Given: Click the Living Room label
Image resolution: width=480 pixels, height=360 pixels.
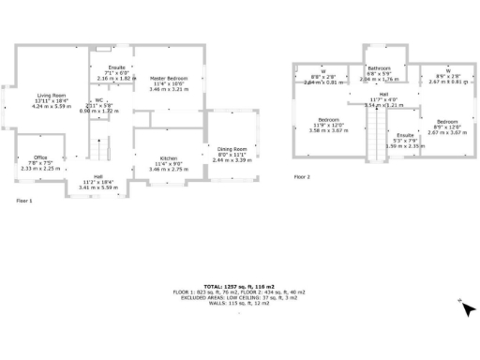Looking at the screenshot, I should [x=52, y=96].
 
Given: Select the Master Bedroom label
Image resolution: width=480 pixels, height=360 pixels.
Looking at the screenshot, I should [x=169, y=79].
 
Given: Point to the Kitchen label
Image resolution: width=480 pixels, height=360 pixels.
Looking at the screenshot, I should [x=169, y=158].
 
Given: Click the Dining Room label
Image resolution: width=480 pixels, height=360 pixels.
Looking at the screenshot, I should [x=232, y=149].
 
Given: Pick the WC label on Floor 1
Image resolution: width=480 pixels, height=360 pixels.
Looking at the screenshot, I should [x=98, y=100].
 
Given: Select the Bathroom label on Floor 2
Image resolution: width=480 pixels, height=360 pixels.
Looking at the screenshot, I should [x=379, y=68].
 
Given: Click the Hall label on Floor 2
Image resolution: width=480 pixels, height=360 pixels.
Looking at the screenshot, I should [x=383, y=95].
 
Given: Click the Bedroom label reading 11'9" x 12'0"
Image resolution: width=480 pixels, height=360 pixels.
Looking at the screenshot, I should [x=328, y=120].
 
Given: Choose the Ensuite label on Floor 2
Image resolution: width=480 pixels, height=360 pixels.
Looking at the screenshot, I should [x=404, y=135].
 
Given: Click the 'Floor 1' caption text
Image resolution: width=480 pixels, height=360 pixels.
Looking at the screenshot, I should [x=24, y=201].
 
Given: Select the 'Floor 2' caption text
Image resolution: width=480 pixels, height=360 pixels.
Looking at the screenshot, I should [x=302, y=176].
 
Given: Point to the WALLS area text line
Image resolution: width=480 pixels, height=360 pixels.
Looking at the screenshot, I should [x=239, y=305].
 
